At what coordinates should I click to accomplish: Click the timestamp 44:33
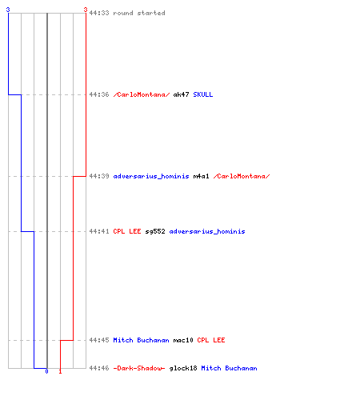tap(99, 13)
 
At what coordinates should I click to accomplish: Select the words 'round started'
tap(139, 13)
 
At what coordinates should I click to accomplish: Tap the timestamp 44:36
tap(99, 94)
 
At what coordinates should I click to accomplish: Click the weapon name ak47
tap(181, 94)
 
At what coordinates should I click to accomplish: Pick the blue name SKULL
tap(203, 94)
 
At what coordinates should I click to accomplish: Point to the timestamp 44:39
tap(99, 176)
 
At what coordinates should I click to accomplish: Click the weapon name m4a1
tap(201, 176)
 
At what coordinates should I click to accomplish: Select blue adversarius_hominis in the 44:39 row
tap(151, 176)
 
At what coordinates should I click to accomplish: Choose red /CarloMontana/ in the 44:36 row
tap(142, 94)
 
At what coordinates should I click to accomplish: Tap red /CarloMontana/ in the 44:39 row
tap(242, 176)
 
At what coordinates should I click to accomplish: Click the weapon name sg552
tap(155, 231)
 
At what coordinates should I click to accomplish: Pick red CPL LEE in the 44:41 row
tap(127, 231)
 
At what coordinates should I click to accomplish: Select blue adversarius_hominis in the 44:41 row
tap(207, 231)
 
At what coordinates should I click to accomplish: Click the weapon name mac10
tap(183, 340)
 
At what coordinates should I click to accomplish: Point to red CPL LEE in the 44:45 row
tap(211, 340)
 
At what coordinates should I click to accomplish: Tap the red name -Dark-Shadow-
tap(139, 368)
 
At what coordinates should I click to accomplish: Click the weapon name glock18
tap(183, 368)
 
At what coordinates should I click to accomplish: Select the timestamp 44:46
tap(99, 368)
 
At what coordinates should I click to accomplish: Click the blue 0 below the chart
tap(46, 371)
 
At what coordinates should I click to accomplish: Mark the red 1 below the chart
tap(60, 371)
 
